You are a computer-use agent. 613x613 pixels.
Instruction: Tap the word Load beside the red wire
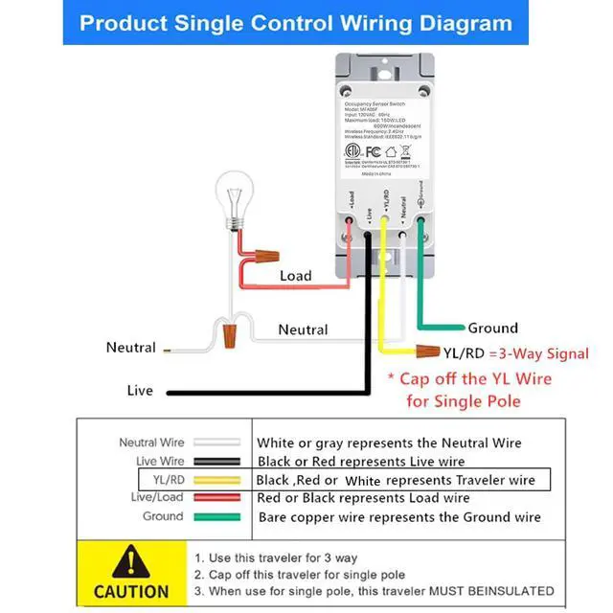click(295, 276)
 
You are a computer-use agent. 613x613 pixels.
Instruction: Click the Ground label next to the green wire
click(492, 328)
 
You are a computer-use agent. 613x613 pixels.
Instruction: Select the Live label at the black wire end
click(140, 391)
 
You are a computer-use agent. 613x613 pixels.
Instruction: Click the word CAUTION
click(131, 591)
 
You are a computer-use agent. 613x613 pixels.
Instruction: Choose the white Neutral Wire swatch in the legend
click(216, 443)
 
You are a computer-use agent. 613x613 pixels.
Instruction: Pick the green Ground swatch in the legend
click(216, 517)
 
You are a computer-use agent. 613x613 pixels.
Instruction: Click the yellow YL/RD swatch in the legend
click(216, 479)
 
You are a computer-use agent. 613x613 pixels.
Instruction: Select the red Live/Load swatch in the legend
click(216, 498)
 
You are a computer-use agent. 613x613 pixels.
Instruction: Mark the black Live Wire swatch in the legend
click(216, 462)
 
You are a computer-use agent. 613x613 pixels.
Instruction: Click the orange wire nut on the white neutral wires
click(229, 336)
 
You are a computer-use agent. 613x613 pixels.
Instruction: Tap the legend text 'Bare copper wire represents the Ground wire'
click(399, 517)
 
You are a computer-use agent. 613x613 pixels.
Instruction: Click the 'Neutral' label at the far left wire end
click(131, 348)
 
